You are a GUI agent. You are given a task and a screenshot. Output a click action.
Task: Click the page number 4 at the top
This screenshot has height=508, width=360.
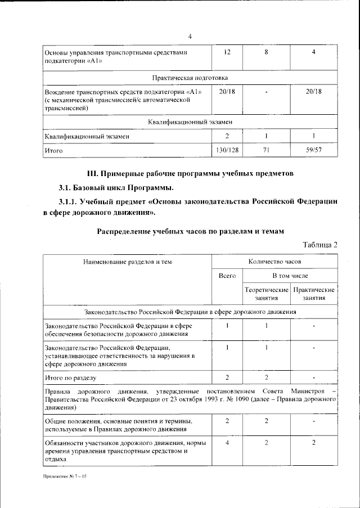[x=190, y=37]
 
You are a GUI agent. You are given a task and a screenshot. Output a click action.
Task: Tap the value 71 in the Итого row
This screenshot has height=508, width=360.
[x=267, y=151]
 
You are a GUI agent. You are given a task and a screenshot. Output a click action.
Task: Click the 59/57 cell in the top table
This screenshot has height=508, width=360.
[x=313, y=151]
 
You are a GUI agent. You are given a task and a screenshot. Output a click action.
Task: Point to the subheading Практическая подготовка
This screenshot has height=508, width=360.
[x=190, y=77]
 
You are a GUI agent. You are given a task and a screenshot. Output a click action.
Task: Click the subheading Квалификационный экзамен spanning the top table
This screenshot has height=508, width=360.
[x=190, y=122]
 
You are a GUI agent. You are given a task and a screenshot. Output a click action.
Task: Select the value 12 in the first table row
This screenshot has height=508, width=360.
[x=227, y=52]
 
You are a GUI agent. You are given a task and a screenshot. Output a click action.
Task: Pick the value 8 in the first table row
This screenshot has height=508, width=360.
[x=267, y=52]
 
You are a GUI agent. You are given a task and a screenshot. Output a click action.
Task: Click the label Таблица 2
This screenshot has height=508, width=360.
[x=319, y=244]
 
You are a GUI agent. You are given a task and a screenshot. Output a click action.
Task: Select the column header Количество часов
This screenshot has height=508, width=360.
[x=274, y=262]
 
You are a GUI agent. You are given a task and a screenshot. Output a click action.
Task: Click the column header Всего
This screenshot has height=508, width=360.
[x=227, y=276]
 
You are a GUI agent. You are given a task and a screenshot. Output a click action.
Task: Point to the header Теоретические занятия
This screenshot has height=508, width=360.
[x=266, y=294]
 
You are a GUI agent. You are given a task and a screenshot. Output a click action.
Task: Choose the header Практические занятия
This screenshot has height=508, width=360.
[x=313, y=294]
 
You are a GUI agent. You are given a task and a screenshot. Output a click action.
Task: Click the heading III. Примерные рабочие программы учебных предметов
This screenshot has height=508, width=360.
[x=189, y=173]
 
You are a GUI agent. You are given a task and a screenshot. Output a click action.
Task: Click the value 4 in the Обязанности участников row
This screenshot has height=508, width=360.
[x=227, y=443]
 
